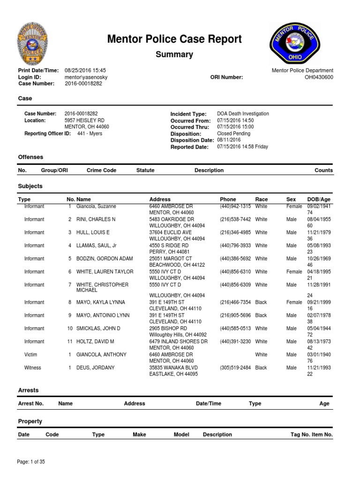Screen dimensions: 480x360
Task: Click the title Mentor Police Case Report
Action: (x=174, y=39)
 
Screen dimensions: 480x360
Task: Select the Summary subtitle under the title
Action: (x=174, y=54)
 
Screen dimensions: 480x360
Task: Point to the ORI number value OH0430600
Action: (x=319, y=77)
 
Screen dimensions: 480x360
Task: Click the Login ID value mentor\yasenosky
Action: (x=89, y=77)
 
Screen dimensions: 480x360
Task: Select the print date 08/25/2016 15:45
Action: (x=86, y=70)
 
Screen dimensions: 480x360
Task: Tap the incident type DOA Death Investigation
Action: (x=243, y=114)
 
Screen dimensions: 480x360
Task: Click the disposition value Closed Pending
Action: (x=233, y=134)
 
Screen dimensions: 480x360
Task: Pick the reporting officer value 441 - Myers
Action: (x=90, y=134)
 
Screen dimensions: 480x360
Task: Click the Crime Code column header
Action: (x=101, y=171)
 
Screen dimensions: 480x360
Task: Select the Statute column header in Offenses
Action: (x=145, y=171)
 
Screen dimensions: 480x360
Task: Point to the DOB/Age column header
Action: (x=320, y=200)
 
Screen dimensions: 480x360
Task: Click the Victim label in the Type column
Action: (x=31, y=355)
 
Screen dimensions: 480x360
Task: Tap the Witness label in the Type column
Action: (x=33, y=368)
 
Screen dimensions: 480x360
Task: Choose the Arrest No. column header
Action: (x=30, y=404)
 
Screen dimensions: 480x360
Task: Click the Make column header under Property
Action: (x=139, y=435)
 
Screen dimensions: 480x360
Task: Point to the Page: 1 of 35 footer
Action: (x=31, y=462)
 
